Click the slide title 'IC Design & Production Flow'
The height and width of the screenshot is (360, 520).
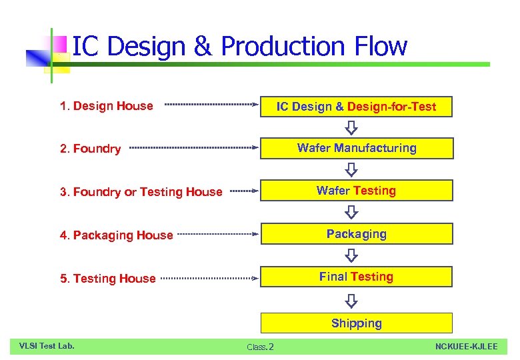(x=239, y=46)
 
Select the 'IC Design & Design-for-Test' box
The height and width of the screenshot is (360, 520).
(x=357, y=107)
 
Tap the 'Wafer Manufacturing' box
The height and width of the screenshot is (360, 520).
(x=357, y=148)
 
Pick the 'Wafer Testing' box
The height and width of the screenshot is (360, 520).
(x=357, y=191)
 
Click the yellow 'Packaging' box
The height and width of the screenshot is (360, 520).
(x=357, y=234)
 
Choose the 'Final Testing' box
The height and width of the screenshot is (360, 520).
(x=357, y=277)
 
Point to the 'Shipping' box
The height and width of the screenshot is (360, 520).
(x=357, y=323)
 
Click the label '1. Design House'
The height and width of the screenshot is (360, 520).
(x=107, y=106)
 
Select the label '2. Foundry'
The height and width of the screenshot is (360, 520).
(x=91, y=149)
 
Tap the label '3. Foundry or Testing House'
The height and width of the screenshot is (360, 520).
(x=141, y=192)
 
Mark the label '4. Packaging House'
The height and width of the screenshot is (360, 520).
(x=117, y=235)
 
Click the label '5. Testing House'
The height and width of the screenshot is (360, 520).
(x=108, y=279)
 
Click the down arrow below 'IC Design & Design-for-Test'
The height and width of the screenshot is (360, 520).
(x=351, y=127)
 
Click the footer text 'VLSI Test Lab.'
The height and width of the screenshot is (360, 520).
(x=47, y=345)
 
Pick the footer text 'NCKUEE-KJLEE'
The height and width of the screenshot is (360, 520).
(x=466, y=346)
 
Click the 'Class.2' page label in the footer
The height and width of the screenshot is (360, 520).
(x=260, y=347)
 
